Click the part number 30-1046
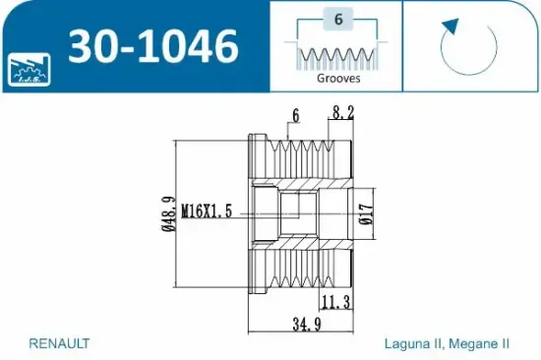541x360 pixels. pyautogui.click(x=151, y=46)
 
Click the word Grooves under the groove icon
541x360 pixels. pyautogui.click(x=339, y=78)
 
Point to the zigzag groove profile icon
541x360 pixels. pyautogui.click(x=339, y=53)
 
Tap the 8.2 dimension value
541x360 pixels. pyautogui.click(x=342, y=114)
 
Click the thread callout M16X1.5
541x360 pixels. pyautogui.click(x=209, y=210)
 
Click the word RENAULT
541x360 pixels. pyautogui.click(x=60, y=343)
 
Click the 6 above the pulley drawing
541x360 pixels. pyautogui.click(x=294, y=116)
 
